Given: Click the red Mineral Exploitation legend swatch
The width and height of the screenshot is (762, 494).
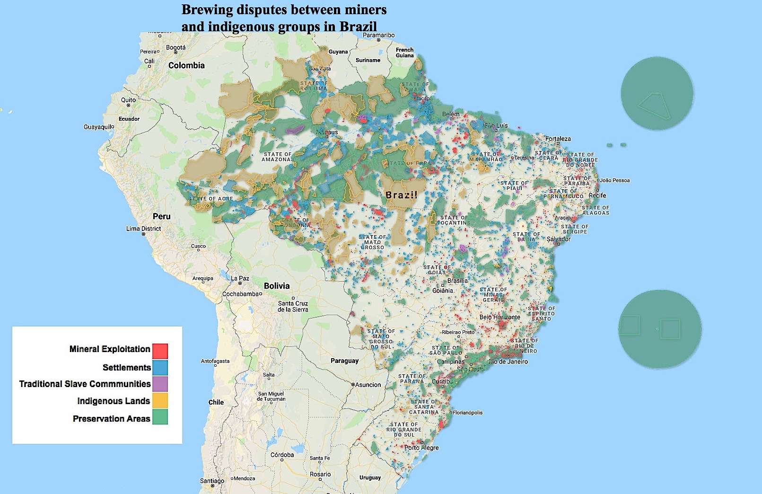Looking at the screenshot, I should point(160,351).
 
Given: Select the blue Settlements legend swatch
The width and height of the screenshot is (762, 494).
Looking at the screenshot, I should point(160,368).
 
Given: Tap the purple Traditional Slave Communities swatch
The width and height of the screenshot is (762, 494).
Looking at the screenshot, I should point(160,384).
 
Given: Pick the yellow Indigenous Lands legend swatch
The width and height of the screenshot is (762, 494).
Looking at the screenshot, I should point(160,400).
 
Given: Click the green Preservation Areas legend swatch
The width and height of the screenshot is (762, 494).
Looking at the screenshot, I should point(160,417).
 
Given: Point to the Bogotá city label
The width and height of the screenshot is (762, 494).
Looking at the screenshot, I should point(176,48).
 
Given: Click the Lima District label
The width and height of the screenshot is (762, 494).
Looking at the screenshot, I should point(144,229).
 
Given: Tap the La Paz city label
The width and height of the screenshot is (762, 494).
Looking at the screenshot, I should point(240,278).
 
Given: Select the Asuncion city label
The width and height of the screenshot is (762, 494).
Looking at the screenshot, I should point(368,385).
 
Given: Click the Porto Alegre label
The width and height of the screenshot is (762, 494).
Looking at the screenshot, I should point(421,448).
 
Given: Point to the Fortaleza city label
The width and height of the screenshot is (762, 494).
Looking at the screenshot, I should point(558,139).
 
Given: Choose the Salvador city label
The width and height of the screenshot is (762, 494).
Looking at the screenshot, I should point(559,239).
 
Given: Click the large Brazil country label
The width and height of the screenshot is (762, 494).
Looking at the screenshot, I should point(401,195).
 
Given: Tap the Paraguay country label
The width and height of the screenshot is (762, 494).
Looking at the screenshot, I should point(344,361).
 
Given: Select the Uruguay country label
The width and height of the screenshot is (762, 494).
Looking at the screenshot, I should point(370,477).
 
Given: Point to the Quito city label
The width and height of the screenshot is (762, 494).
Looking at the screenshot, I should point(128,100).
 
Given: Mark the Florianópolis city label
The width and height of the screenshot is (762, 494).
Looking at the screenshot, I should point(468,413).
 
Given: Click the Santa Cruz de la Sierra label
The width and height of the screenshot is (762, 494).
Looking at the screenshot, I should point(293,307).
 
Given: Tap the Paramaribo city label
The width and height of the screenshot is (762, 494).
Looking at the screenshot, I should point(378,35).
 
